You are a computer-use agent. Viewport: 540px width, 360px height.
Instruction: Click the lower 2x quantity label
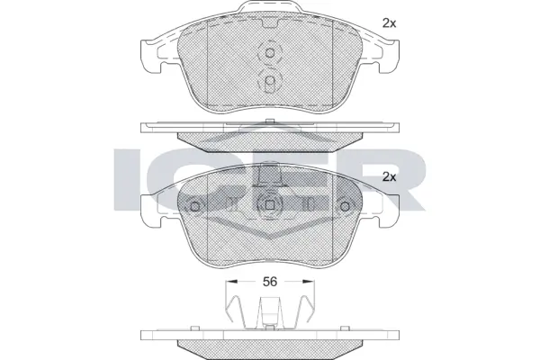point(389,176)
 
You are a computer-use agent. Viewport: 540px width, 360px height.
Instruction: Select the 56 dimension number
point(269,282)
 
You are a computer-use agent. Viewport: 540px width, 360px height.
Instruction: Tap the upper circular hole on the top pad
point(269,53)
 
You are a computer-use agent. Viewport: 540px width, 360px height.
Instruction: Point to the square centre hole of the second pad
point(269,205)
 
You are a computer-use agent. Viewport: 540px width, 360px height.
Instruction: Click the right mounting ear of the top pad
point(386,57)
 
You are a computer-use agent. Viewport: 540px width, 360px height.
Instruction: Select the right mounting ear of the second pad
point(386,210)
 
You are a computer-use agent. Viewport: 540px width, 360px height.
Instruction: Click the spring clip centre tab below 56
point(269,318)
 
